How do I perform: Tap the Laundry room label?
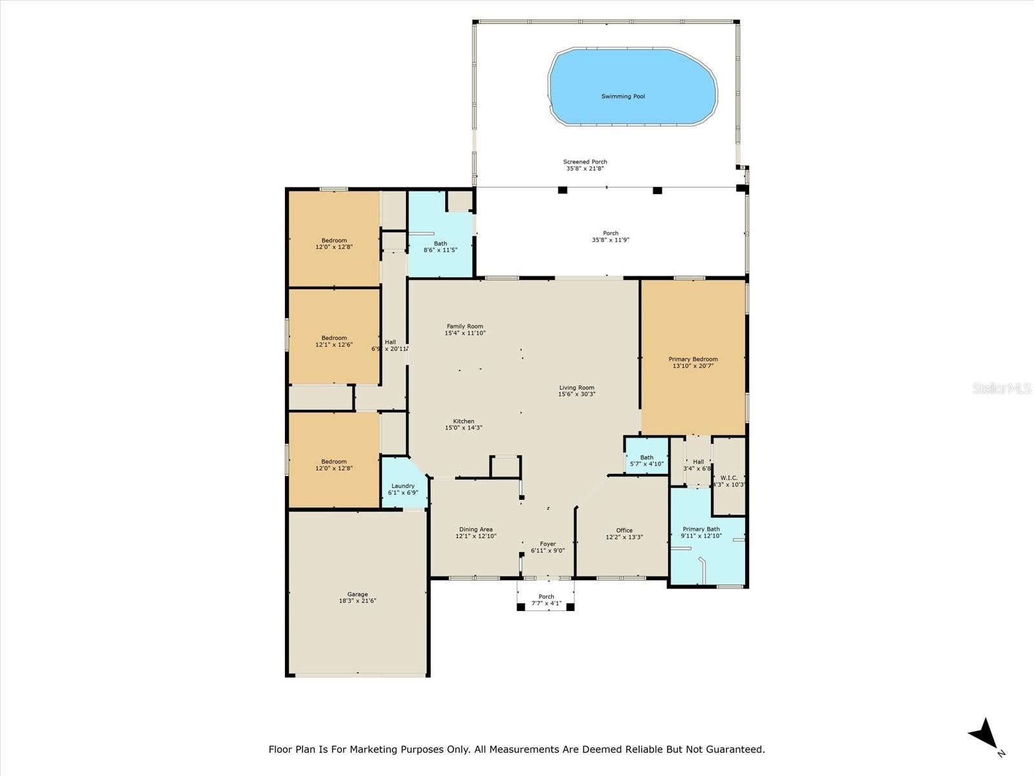click(403, 486)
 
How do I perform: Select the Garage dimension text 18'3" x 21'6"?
click(357, 601)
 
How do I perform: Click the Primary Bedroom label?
click(693, 360)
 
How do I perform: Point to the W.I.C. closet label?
click(728, 478)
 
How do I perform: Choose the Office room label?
click(624, 530)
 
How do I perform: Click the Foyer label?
click(547, 544)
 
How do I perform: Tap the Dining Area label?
click(476, 530)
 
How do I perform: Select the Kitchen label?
click(463, 421)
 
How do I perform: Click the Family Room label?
click(465, 327)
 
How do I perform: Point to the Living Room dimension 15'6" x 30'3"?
click(576, 394)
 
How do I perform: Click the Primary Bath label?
click(701, 529)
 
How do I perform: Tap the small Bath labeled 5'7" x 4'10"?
click(646, 460)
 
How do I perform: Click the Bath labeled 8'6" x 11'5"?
click(440, 246)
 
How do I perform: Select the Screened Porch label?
click(585, 162)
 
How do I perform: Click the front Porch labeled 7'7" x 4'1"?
click(546, 600)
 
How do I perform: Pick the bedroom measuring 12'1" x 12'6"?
click(334, 341)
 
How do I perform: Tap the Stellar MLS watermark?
click(1002, 388)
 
